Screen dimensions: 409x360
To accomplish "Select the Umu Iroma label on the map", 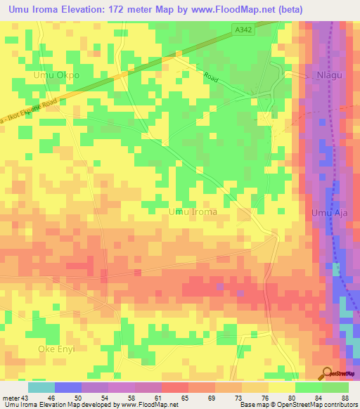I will [x=193, y=211].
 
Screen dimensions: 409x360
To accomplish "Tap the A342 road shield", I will [x=243, y=29].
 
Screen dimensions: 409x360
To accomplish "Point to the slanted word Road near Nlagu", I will [x=211, y=77].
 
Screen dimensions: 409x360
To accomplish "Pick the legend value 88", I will [x=345, y=397].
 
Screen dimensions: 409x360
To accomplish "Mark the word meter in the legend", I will [x=11, y=397].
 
